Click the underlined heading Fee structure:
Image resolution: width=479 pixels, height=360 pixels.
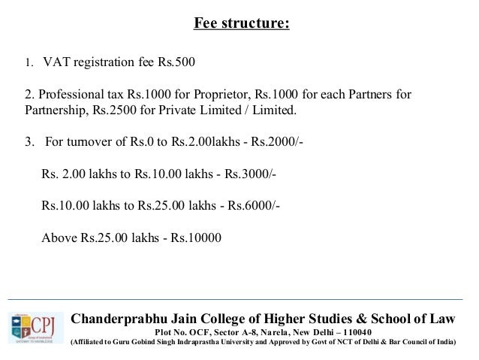(241, 23)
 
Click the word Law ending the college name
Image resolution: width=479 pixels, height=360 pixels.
(441, 319)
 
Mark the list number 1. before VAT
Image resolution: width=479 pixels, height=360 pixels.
(29, 62)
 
